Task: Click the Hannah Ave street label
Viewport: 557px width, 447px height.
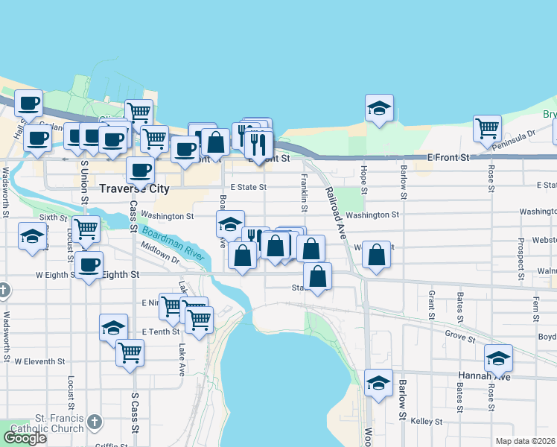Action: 488,376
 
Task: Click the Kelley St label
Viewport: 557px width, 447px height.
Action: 427,422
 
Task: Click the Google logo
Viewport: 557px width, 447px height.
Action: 25,438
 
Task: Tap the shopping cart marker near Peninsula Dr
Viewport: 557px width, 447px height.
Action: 488,128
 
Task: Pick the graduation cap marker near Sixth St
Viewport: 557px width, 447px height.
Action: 32,236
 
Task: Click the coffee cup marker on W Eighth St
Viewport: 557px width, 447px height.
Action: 89,264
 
